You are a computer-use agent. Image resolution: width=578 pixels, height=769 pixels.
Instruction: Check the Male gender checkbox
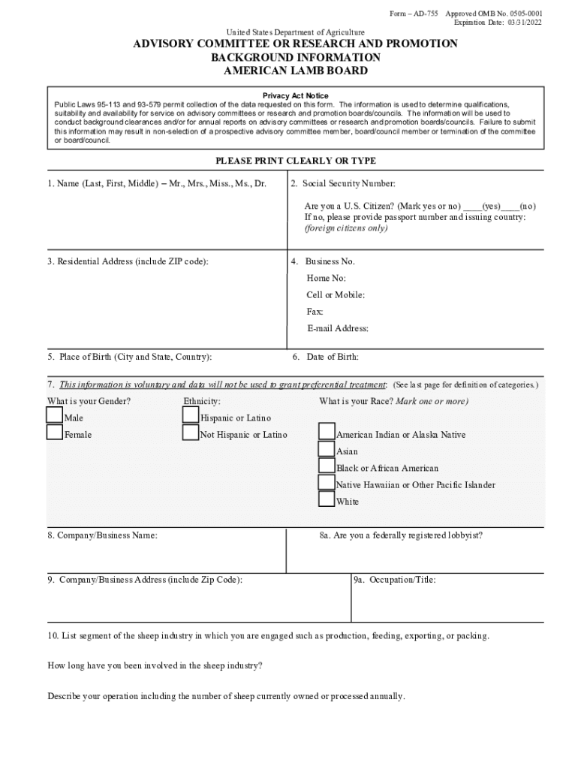coord(54,415)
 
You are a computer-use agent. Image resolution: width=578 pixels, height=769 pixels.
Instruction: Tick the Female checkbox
coord(54,433)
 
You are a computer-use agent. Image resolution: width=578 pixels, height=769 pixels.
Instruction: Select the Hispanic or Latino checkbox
coord(191,415)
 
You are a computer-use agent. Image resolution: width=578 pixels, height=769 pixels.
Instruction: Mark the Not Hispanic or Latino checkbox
coord(191,433)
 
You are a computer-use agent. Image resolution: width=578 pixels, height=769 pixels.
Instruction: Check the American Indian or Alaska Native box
coord(327,432)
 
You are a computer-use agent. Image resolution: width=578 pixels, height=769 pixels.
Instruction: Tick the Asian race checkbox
coord(327,449)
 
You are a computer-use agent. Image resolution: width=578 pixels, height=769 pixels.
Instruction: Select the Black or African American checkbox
coord(327,466)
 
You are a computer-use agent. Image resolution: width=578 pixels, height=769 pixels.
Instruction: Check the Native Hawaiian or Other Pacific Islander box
coord(327,482)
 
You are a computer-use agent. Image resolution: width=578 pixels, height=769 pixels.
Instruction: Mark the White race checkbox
coord(327,499)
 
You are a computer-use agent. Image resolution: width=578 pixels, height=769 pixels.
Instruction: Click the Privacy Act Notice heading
coord(295,96)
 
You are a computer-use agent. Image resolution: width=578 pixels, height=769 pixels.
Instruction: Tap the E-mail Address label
coord(338,328)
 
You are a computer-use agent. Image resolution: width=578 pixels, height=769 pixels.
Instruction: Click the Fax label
coord(315,312)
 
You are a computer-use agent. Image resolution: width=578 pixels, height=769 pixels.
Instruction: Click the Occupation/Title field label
coord(395,580)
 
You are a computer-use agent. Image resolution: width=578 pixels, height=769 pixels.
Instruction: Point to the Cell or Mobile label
coord(336,295)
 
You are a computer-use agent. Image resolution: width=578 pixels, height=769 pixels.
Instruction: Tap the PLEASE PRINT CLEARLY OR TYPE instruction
coord(296,161)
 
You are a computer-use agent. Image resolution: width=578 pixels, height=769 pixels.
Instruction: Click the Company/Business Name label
coord(103,535)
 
